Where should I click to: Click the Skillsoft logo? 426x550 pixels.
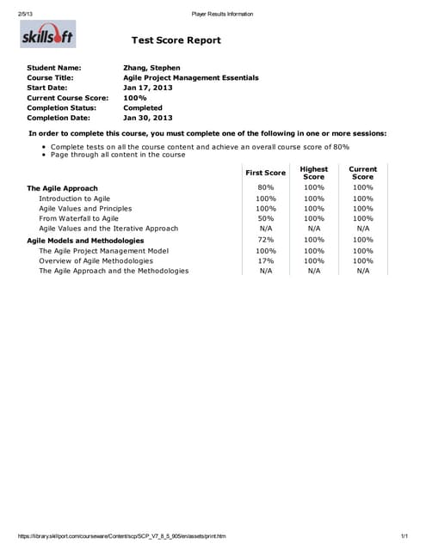(x=47, y=38)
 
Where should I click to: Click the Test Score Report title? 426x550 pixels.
(x=176, y=40)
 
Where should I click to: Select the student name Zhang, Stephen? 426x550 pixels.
(x=152, y=67)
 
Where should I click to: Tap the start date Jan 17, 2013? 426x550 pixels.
(x=148, y=88)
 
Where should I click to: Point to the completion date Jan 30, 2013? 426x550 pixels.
(x=148, y=119)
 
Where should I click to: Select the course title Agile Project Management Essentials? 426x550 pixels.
(x=191, y=77)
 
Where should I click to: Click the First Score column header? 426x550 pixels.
(x=265, y=173)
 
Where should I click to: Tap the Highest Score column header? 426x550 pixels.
(x=314, y=173)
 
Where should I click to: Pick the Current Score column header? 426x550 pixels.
(x=363, y=173)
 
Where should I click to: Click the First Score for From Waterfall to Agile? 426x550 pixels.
(x=266, y=218)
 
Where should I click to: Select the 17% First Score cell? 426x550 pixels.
(x=266, y=260)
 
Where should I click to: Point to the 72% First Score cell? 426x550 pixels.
(x=266, y=240)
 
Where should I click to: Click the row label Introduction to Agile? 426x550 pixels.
(x=75, y=199)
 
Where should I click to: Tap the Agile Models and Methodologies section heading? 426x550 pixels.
(x=85, y=241)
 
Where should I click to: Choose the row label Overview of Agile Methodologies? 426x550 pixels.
(x=96, y=260)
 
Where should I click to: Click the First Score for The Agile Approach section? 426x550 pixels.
(x=266, y=187)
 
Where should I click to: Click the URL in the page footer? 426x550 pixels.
(x=121, y=536)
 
